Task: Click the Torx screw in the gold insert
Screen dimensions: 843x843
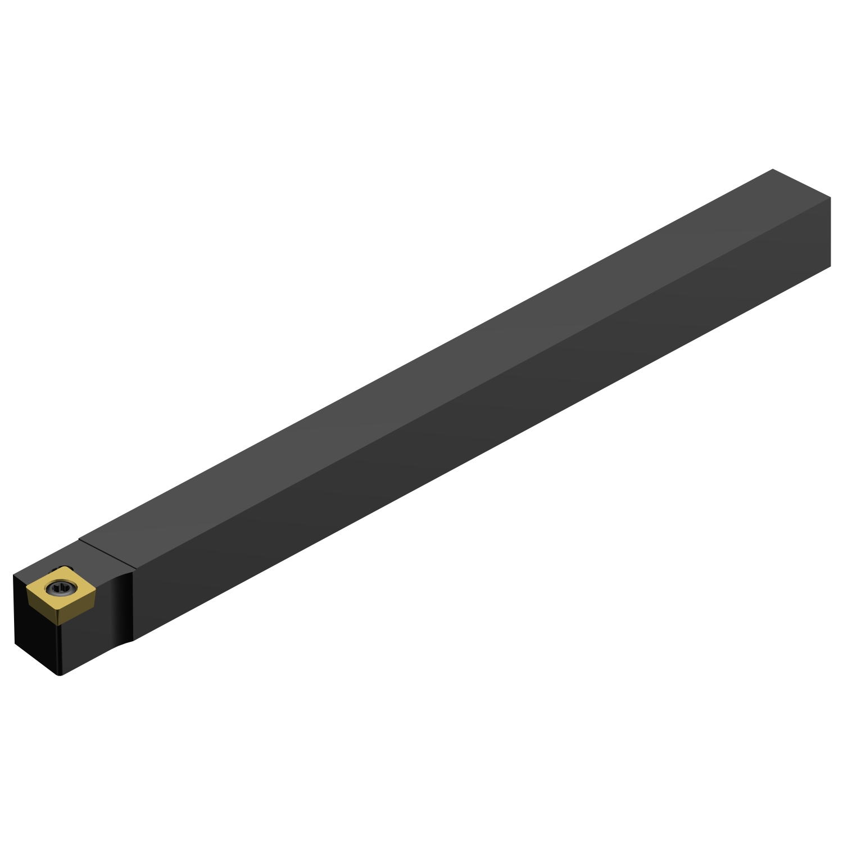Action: tap(59, 589)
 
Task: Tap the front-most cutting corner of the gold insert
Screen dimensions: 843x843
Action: tap(57, 610)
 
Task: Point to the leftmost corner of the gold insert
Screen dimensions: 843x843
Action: tap(26, 588)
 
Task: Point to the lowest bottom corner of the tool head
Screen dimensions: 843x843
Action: tap(60, 674)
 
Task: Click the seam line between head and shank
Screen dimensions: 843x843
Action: tap(107, 554)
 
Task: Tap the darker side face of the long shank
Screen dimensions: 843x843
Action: tap(478, 427)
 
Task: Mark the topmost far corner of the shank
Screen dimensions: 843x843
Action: tap(773, 169)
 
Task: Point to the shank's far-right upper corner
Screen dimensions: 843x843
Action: tap(830, 198)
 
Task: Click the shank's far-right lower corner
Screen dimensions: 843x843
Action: tap(830, 266)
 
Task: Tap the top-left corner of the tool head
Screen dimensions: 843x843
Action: tap(13, 575)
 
